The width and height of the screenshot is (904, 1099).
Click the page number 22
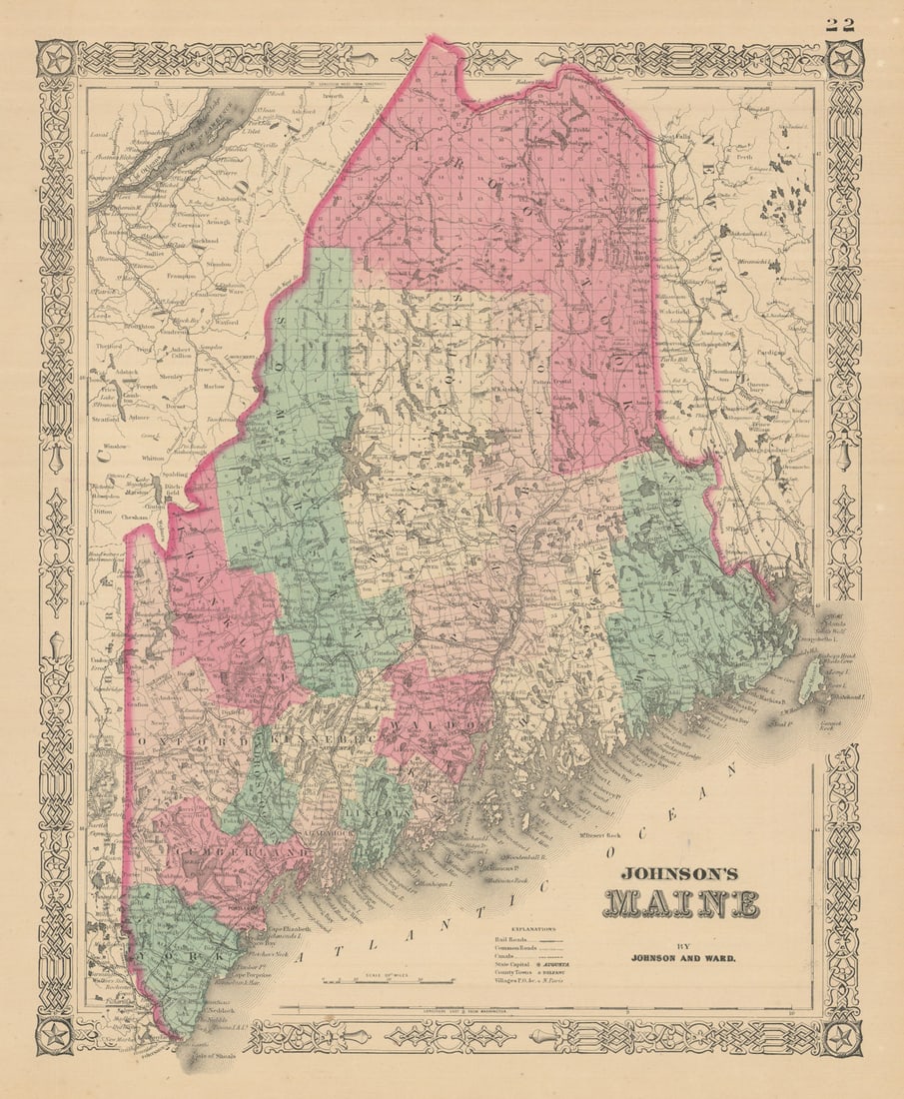coord(840,25)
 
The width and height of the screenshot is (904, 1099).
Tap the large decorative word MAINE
coord(680,902)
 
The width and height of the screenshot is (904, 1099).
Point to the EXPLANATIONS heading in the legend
coord(532,928)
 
